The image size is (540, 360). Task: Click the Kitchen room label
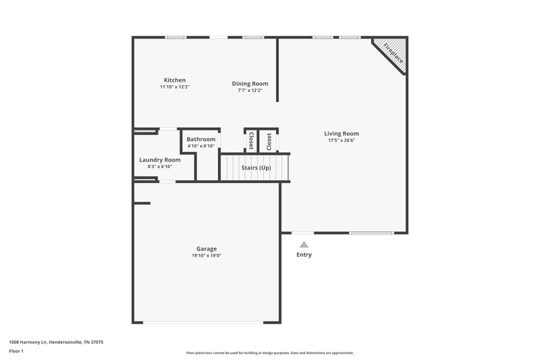point(174,80)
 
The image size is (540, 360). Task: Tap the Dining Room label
point(246,83)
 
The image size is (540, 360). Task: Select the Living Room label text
point(342,134)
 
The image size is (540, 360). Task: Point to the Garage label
point(207,249)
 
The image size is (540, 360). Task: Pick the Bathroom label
point(200,139)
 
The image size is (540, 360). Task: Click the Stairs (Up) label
point(256,167)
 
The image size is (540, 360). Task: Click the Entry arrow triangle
point(304,245)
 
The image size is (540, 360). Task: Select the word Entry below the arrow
point(304,255)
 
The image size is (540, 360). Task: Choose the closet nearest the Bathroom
point(251,141)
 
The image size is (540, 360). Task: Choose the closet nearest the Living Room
point(269,141)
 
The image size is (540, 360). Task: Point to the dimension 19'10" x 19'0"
point(207,255)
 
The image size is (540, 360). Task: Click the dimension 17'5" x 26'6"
point(342,140)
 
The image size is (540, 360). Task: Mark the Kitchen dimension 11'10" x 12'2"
point(174,86)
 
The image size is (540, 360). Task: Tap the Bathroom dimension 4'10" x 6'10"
point(200,146)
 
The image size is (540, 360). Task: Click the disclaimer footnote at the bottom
point(270,353)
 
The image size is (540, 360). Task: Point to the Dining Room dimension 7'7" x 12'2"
point(246,90)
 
